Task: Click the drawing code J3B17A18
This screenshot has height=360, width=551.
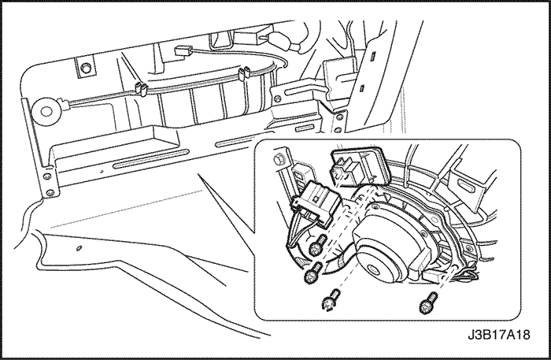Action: pos(498,335)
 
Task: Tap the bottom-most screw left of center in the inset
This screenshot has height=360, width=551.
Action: pos(331,299)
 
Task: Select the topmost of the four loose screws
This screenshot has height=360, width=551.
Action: pos(319,245)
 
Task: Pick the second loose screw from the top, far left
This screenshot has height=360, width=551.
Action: pos(312,273)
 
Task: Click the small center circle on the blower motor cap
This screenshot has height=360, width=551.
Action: pos(372,270)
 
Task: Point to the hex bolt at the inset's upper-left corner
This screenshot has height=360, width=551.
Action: pos(278,159)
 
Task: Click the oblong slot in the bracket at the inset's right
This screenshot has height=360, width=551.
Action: pos(466,184)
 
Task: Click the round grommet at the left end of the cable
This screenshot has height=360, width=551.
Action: pos(46,111)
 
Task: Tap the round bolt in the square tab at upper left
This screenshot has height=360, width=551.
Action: pos(85,68)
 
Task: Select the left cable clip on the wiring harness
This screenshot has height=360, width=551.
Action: pos(141,88)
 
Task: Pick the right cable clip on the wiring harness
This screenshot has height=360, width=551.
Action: pos(243,72)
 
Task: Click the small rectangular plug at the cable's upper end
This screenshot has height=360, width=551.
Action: pos(182,51)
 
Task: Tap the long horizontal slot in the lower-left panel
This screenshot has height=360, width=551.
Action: pos(151,159)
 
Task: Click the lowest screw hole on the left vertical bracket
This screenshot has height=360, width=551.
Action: pos(50,192)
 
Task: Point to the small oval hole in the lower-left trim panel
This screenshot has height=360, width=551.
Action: pos(79,248)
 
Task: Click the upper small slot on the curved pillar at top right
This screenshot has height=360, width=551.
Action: pos(373,55)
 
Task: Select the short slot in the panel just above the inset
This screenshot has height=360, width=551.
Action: pos(304,128)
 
